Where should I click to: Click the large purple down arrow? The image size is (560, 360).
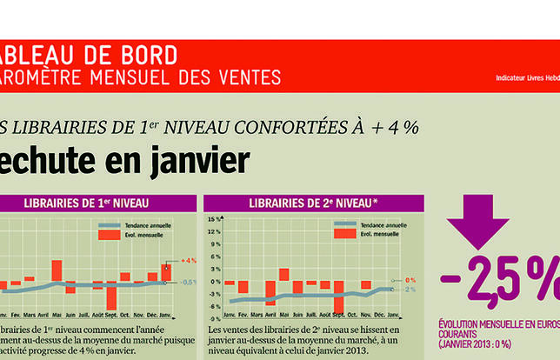tap(477, 223)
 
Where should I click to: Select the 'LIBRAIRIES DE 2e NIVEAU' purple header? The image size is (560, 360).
tap(313, 203)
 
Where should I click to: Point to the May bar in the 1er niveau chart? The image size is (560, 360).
tap(57, 270)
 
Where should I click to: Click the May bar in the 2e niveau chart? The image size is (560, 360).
tap(283, 274)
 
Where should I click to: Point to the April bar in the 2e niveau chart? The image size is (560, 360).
tap(270, 292)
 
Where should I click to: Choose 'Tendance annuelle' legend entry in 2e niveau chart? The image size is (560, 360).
tap(366, 225)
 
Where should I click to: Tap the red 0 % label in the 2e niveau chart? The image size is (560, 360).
tap(410, 280)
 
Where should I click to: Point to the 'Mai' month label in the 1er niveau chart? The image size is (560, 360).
tap(57, 315)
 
